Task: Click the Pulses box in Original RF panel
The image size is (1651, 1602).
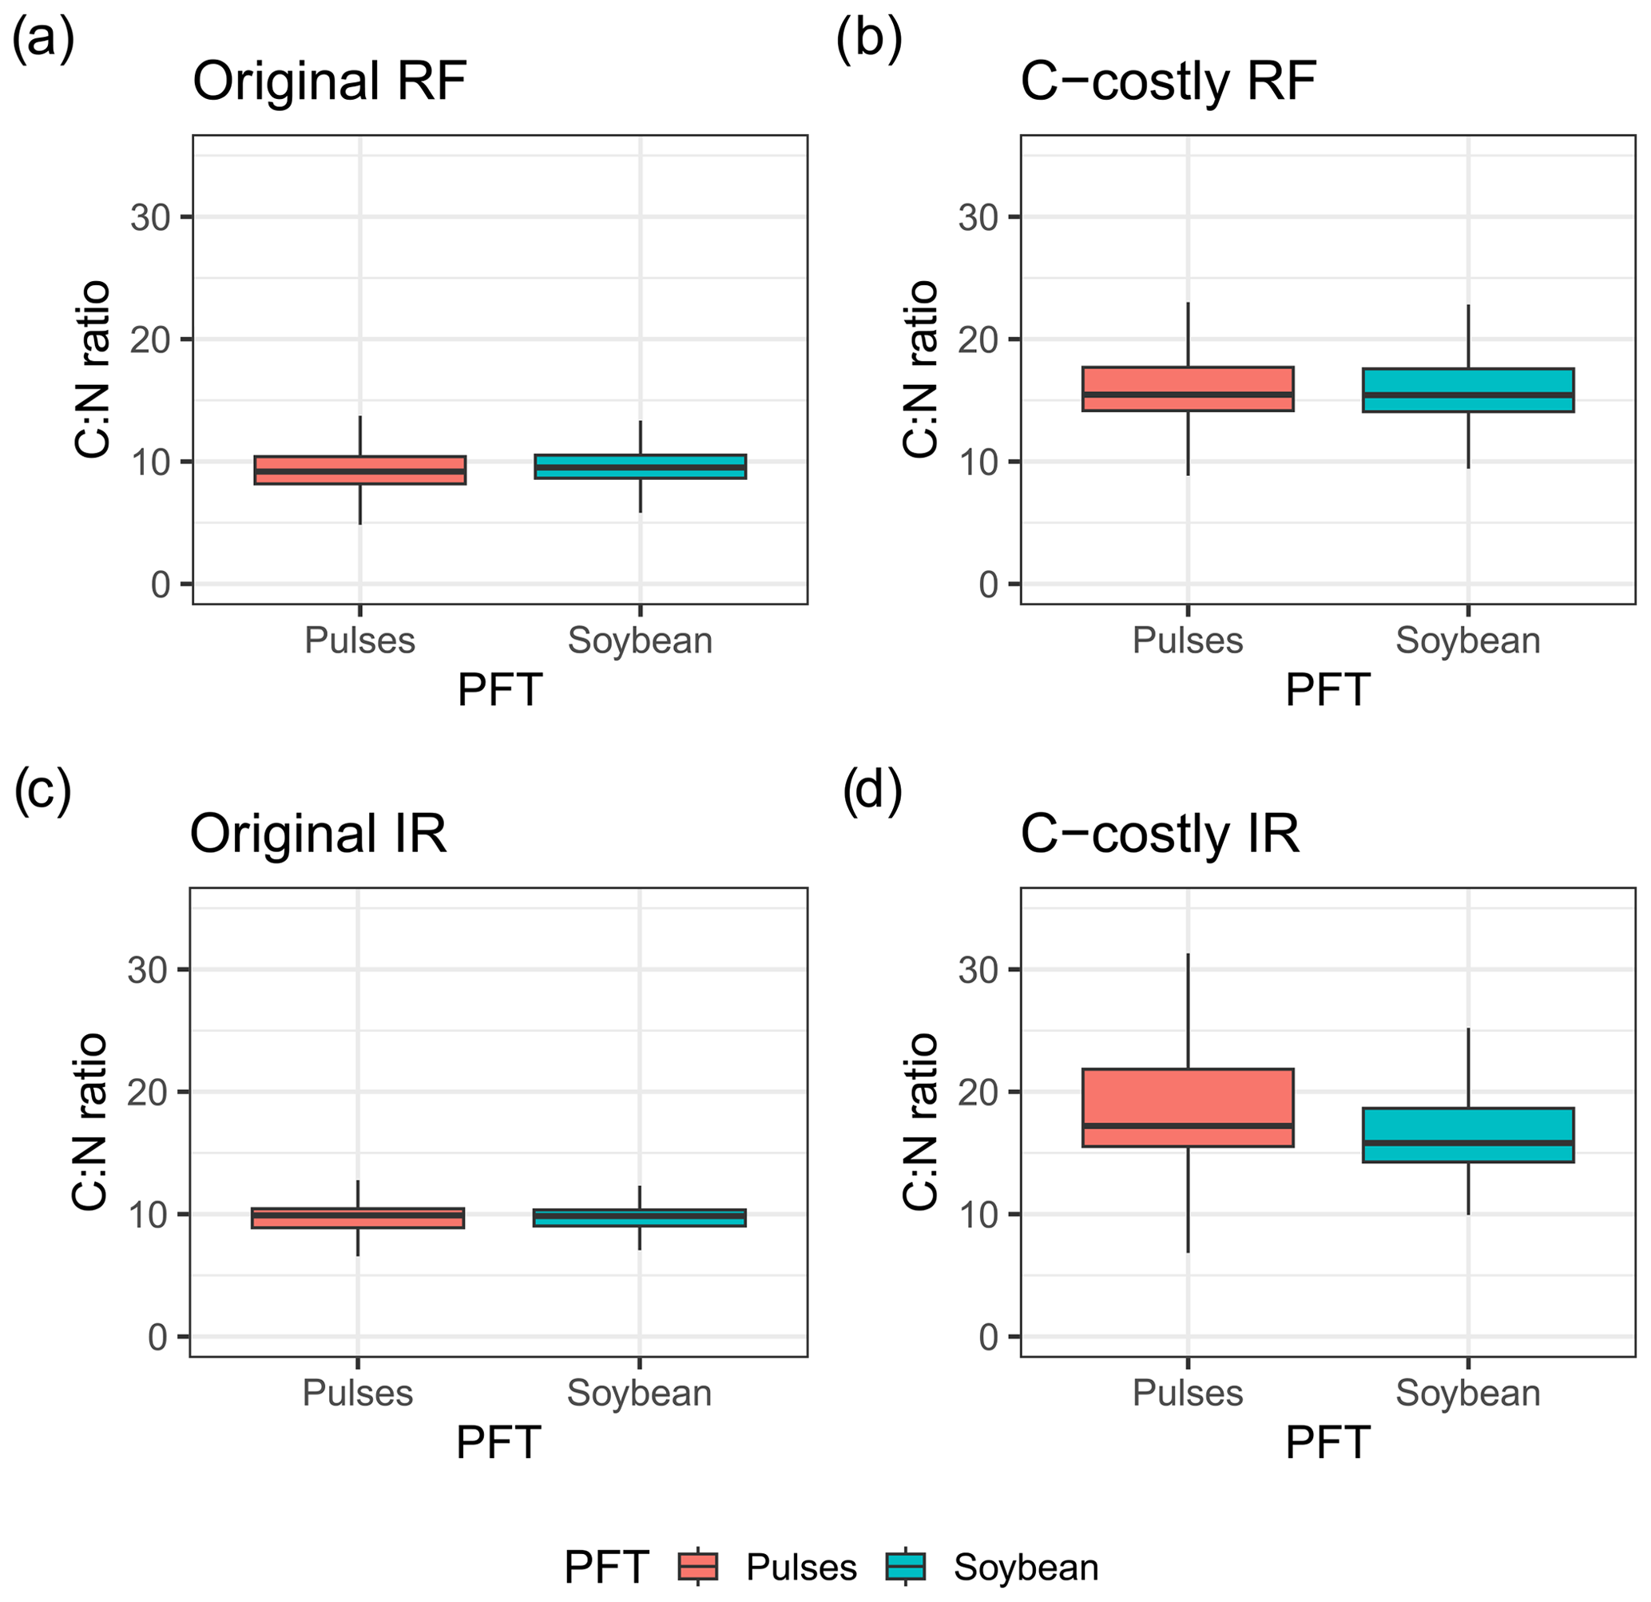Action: [359, 470]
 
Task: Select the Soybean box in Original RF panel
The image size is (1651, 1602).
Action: [640, 466]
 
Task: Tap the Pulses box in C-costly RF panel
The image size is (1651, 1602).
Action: [1188, 388]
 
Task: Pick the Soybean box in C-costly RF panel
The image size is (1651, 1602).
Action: [1468, 390]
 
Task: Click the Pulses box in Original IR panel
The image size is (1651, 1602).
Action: [358, 1218]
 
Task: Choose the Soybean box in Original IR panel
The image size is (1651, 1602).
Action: [639, 1218]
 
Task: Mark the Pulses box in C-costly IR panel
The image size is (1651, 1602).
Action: [1188, 1108]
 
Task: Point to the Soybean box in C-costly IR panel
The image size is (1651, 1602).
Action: [1468, 1135]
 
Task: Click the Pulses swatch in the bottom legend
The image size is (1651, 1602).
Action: [697, 1568]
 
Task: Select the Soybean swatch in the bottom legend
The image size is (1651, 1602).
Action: [906, 1568]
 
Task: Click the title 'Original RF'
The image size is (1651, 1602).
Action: [329, 81]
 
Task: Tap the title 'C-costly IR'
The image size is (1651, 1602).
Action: [1159, 834]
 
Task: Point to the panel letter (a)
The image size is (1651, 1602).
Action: [42, 40]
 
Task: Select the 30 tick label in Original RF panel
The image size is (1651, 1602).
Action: [150, 217]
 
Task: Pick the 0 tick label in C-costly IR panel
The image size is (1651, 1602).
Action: [988, 1338]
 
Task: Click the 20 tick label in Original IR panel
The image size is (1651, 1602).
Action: [148, 1092]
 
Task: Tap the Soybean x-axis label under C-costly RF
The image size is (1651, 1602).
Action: [1468, 641]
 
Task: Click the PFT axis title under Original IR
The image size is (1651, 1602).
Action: [498, 1443]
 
